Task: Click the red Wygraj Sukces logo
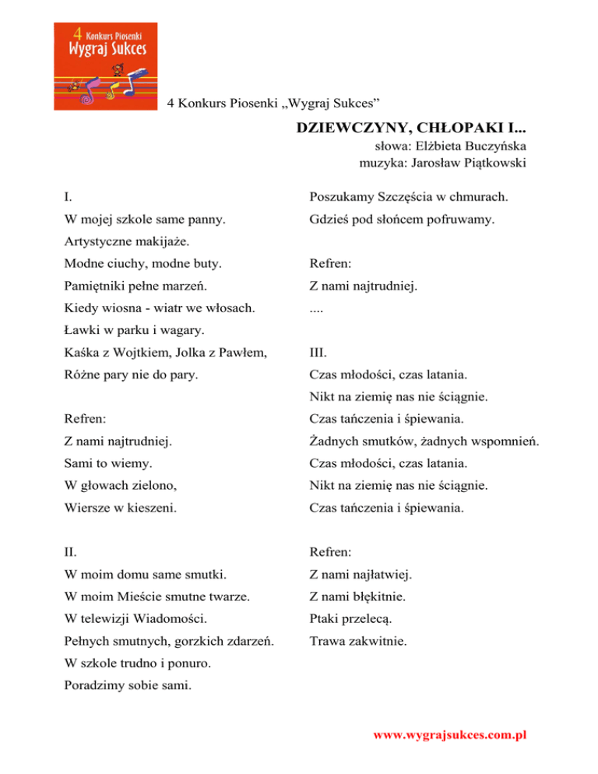109,62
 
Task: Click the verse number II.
70,553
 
